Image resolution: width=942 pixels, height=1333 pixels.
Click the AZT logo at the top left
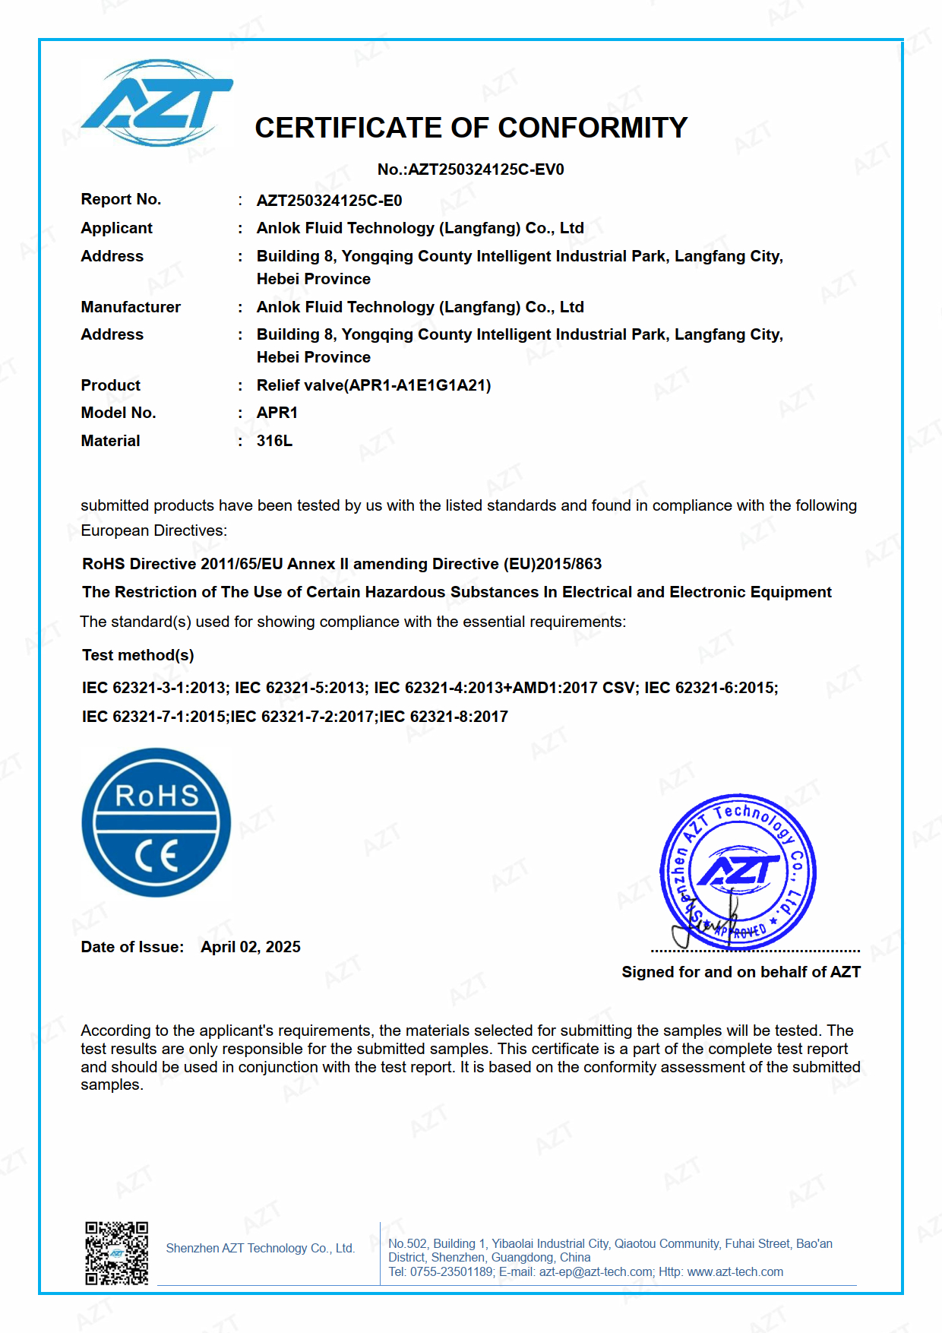point(157,103)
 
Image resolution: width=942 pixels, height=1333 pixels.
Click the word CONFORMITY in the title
point(593,128)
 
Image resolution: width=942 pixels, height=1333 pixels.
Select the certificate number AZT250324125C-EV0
point(486,169)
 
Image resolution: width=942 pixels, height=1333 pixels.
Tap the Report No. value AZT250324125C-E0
point(329,201)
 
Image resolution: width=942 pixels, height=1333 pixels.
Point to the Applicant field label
point(116,228)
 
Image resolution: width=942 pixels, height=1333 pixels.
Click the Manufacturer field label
point(131,307)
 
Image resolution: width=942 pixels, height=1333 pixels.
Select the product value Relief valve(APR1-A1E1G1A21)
point(374,385)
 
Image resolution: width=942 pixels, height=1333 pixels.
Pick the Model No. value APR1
point(277,413)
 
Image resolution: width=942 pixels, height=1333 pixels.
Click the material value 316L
point(274,441)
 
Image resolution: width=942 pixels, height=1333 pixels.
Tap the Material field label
point(110,441)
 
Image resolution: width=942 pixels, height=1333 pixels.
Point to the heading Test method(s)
point(138,655)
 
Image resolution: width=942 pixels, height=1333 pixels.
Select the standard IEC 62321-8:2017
point(444,717)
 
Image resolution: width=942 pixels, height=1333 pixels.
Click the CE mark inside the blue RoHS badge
point(156,856)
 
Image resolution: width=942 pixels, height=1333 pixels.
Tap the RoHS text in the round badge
point(156,796)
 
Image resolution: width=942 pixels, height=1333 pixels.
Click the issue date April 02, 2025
point(251,947)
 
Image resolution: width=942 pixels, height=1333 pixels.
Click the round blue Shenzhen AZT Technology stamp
point(738,872)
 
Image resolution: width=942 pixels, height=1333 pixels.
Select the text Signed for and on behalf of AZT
point(741,972)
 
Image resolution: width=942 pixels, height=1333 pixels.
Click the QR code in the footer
point(116,1253)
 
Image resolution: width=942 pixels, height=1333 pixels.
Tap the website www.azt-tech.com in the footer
point(735,1272)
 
